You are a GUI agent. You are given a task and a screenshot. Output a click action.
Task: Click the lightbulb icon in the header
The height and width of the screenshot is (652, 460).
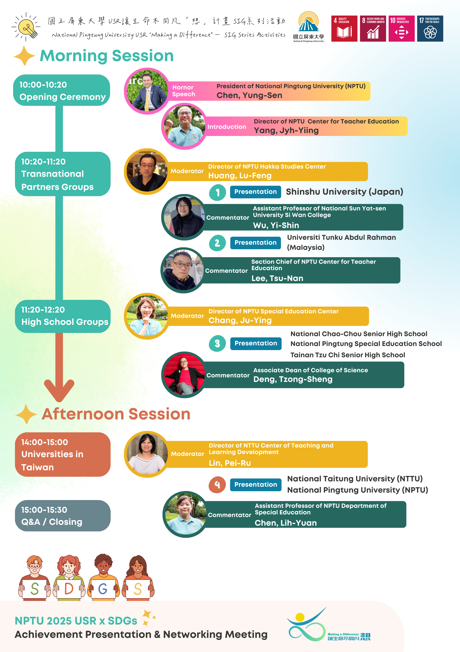click(26, 27)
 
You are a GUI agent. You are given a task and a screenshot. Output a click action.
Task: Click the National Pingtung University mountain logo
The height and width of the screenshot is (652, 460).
click(308, 22)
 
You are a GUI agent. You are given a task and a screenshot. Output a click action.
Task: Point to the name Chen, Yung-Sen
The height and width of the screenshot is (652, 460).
click(249, 95)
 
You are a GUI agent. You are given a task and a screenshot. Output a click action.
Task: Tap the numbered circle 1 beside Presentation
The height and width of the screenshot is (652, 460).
click(217, 193)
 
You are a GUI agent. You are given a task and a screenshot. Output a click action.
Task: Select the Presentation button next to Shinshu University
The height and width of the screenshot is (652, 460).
click(255, 192)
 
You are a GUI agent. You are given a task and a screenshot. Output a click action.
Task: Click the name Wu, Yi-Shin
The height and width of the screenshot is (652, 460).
click(276, 225)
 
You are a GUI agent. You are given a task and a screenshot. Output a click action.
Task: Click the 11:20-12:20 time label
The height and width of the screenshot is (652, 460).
click(43, 310)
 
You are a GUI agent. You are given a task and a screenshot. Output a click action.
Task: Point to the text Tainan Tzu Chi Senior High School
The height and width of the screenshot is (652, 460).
click(348, 355)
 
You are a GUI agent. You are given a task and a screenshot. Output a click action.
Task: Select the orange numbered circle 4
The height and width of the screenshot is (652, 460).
click(217, 485)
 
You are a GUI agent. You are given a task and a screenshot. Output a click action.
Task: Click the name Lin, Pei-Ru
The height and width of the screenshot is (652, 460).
click(230, 463)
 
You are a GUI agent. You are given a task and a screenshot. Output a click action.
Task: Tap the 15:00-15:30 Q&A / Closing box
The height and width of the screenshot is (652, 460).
click(63, 516)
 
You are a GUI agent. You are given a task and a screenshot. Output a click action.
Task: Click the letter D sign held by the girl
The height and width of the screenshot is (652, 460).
click(69, 589)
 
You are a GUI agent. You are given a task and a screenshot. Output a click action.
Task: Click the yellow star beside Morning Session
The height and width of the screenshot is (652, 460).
click(24, 56)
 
